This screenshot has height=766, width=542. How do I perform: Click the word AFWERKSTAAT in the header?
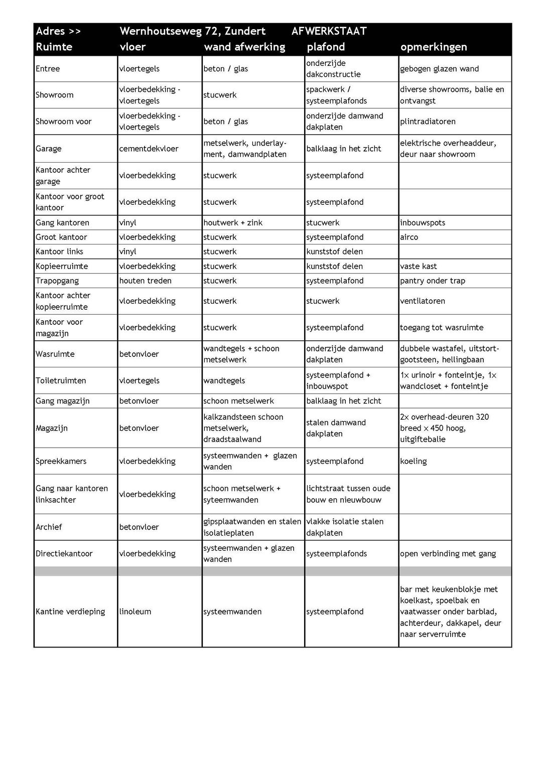click(329, 31)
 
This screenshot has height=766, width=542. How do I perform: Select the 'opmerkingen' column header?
click(434, 47)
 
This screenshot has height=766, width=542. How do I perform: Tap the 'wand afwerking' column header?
click(244, 47)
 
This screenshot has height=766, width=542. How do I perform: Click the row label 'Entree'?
click(48, 69)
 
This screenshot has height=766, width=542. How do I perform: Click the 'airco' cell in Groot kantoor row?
click(409, 237)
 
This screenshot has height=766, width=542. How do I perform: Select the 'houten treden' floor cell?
click(145, 281)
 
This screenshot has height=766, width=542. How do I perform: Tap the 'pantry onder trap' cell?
click(433, 281)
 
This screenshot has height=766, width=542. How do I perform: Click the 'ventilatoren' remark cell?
click(423, 301)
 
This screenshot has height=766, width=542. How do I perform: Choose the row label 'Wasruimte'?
click(55, 354)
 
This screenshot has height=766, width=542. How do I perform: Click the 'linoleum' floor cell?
click(135, 611)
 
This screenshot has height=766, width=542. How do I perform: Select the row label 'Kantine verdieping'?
click(70, 611)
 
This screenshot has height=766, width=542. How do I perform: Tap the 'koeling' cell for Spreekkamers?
click(414, 461)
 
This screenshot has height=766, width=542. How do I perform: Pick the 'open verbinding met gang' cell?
click(448, 554)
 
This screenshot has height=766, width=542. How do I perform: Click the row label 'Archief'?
click(49, 527)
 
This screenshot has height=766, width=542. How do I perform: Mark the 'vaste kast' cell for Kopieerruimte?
click(419, 266)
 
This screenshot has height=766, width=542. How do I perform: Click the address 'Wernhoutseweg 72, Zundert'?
click(192, 31)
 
